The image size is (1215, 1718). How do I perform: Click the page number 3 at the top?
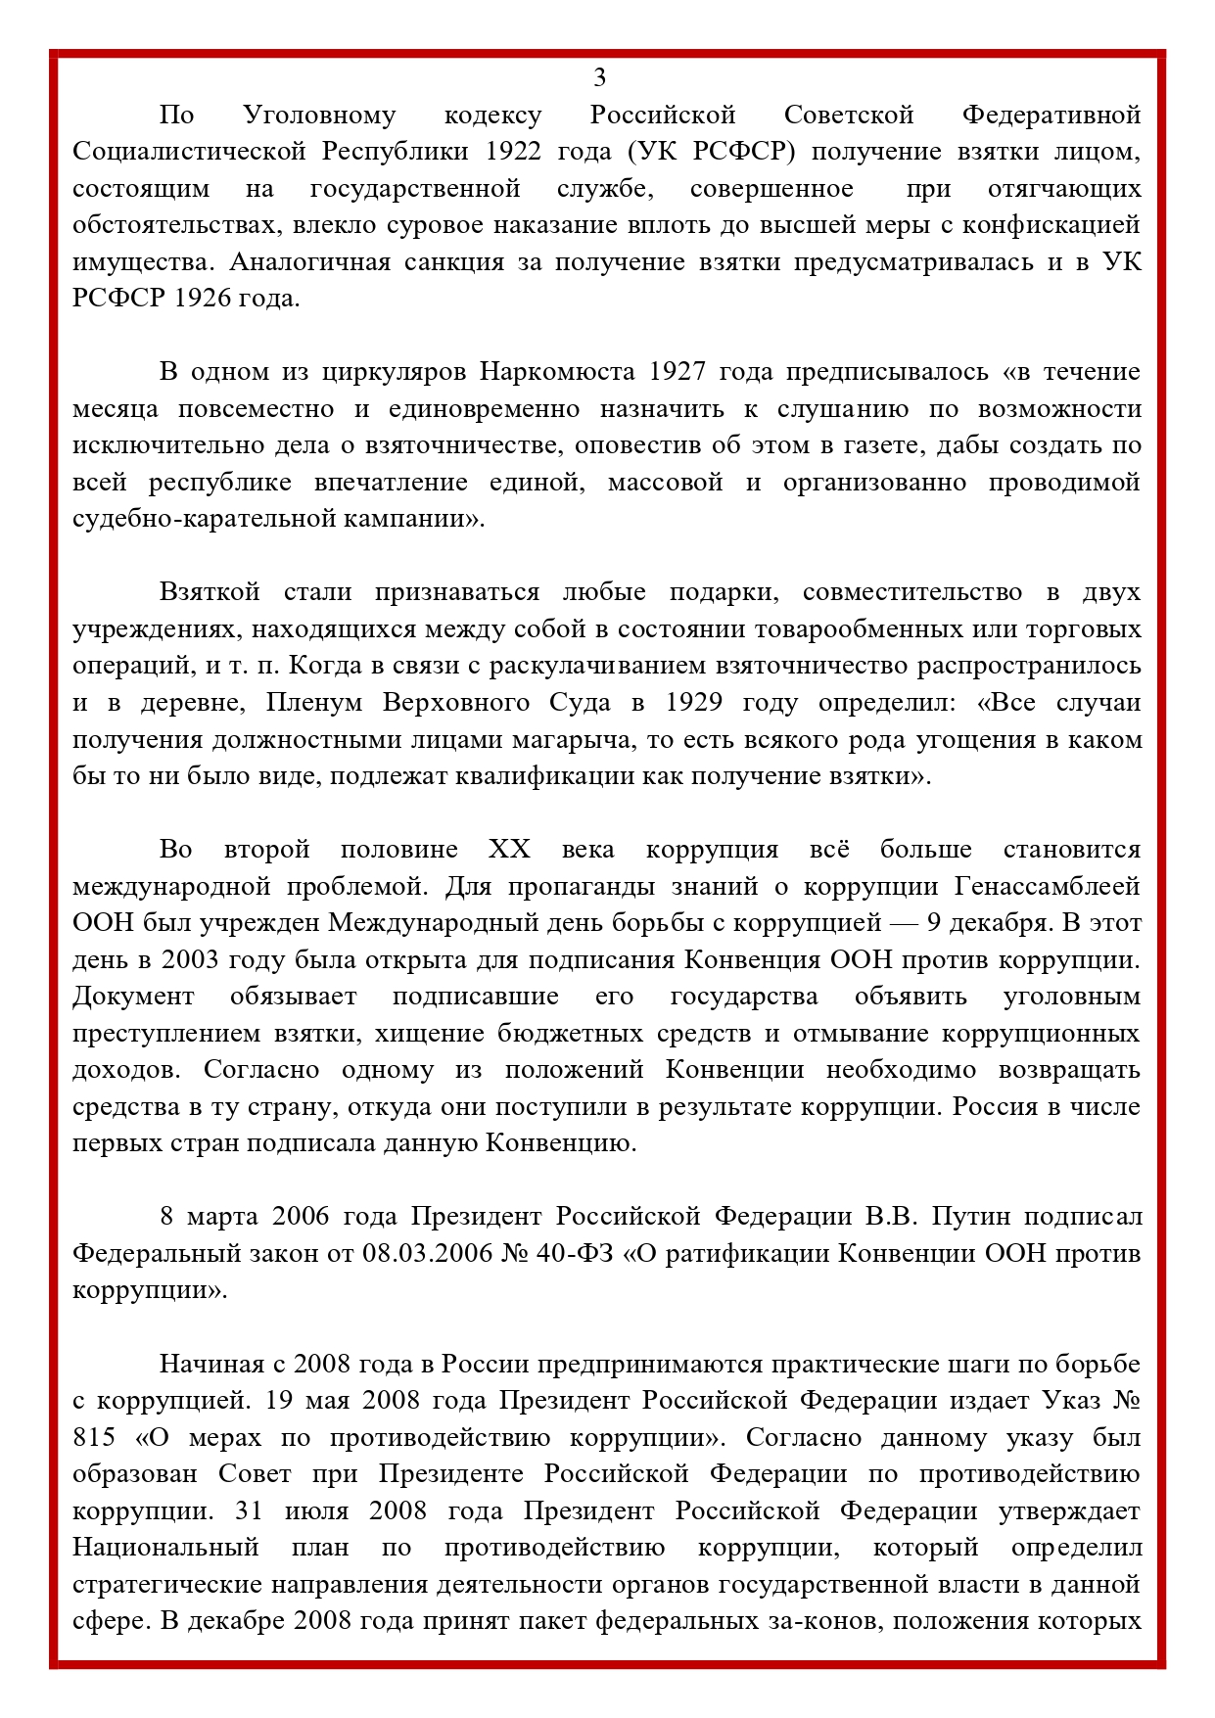point(599,77)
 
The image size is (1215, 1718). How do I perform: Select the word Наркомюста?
point(557,372)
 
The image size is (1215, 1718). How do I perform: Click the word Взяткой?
point(210,592)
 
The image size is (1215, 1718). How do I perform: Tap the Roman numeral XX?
point(508,850)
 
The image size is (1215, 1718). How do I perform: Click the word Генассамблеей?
point(1047,887)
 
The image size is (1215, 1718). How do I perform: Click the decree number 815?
point(93,1438)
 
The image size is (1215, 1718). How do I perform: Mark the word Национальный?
point(165,1548)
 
